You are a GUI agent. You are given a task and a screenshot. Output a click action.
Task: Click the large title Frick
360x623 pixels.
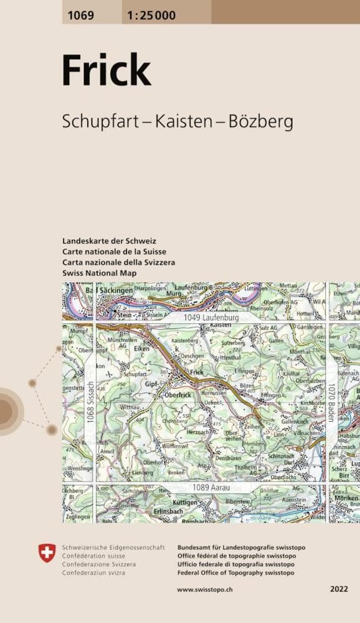(106, 71)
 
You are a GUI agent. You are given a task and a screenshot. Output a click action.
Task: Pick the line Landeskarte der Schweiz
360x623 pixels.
(109, 240)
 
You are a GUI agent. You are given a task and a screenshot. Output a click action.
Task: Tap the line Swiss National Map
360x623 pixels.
(100, 273)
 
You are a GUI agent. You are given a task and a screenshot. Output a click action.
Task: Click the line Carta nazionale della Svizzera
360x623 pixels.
(118, 263)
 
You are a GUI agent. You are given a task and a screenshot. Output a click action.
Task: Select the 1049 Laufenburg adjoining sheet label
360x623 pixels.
(212, 318)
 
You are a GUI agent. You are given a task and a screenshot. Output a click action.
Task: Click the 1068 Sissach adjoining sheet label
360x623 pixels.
(90, 402)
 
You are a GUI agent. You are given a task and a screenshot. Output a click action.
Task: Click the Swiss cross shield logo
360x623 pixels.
(47, 552)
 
